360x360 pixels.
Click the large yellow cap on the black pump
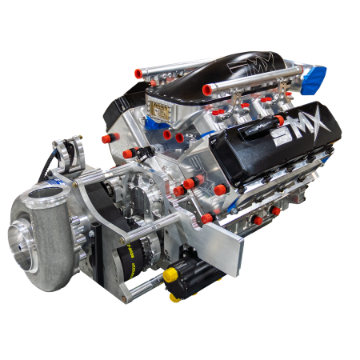[x=170, y=274]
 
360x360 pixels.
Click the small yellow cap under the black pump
[x=174, y=298]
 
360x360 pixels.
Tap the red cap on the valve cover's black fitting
[x=279, y=120]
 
